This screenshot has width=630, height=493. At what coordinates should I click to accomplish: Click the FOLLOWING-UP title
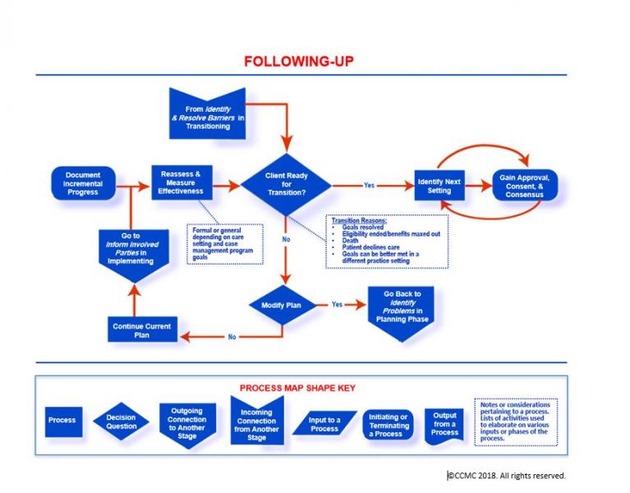(298, 62)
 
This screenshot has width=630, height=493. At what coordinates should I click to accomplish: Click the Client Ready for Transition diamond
(286, 185)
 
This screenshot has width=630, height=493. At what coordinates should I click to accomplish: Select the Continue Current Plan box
(142, 330)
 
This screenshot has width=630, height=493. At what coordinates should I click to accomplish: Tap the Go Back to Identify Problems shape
(402, 308)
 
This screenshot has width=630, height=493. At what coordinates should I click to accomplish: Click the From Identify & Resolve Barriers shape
(206, 113)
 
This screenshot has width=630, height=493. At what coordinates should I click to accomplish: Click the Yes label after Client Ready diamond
(369, 185)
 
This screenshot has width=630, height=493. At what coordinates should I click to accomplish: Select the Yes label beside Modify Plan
(337, 304)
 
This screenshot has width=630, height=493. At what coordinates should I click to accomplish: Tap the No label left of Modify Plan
(232, 336)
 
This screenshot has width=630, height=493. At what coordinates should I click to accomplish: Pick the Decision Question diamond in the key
(121, 422)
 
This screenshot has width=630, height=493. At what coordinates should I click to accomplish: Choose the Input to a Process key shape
(324, 424)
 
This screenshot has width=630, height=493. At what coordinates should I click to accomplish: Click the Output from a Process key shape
(444, 423)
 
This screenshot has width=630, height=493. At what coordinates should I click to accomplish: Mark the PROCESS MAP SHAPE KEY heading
(298, 388)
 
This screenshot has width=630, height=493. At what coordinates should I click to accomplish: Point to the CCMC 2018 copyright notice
(507, 475)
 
